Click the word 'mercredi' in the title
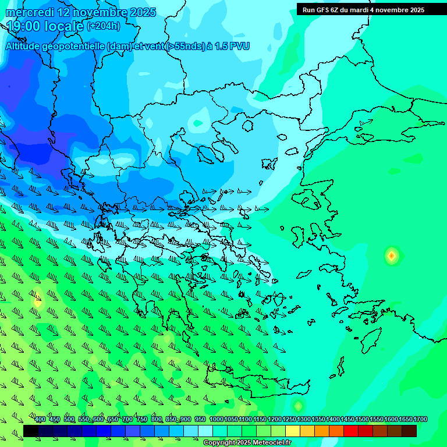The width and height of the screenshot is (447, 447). [30, 12]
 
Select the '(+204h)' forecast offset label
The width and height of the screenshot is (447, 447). [104, 26]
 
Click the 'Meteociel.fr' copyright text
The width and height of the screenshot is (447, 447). [272, 443]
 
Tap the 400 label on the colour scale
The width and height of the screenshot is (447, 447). [40, 420]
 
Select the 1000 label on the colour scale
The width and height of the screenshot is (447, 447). [216, 420]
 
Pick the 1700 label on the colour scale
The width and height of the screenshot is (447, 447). [420, 420]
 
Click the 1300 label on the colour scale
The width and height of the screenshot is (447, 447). [304, 420]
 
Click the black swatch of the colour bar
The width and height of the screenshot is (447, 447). [31, 431]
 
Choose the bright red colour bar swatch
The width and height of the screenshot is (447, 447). [350, 431]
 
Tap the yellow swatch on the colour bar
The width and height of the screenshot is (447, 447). [293, 431]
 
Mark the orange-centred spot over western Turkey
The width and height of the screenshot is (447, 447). [392, 255]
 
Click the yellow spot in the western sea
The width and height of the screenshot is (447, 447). [38, 302]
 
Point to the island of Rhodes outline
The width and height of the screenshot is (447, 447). [372, 340]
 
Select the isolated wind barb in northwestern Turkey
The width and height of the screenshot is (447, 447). [366, 122]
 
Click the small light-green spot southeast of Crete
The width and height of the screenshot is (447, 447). [298, 405]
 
